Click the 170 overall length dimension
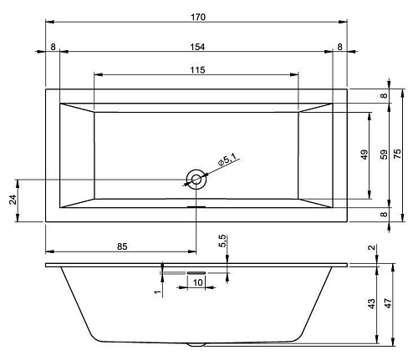click(198, 17)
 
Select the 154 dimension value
click(197, 47)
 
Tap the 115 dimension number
click(197, 70)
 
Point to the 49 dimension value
click(364, 155)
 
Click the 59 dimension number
click(384, 155)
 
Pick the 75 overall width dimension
click(398, 154)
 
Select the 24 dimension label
click(13, 200)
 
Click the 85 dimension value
click(122, 246)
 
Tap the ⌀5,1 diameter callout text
click(227, 160)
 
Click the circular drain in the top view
click(196, 180)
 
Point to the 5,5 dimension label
click(222, 241)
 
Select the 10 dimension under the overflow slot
click(197, 282)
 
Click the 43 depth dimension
click(372, 304)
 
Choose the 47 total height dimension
click(388, 303)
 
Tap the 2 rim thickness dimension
click(372, 247)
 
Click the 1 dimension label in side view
click(158, 292)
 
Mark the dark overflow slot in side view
click(196, 273)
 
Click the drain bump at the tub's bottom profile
click(196, 345)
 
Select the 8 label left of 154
click(53, 47)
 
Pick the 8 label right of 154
click(339, 47)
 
